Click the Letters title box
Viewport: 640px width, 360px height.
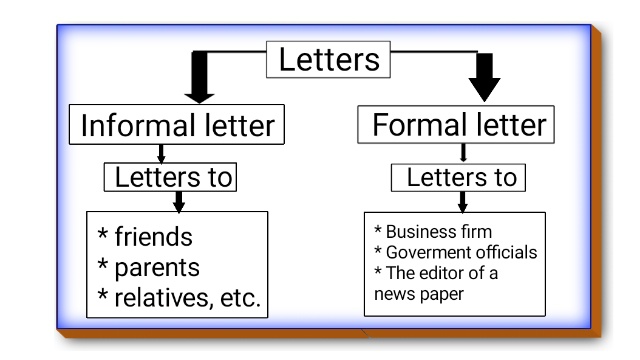(x=328, y=60)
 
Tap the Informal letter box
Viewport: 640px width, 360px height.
(x=177, y=124)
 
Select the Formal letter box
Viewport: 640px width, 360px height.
(x=456, y=124)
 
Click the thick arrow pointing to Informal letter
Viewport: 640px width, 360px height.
(x=200, y=78)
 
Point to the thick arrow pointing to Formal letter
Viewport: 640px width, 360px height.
(x=484, y=77)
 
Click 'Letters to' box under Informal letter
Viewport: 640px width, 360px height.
(x=170, y=177)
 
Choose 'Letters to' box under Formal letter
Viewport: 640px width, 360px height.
(x=458, y=178)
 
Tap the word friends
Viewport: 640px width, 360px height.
(x=153, y=237)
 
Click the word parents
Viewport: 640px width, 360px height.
(x=157, y=268)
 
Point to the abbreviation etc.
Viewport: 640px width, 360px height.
(x=240, y=298)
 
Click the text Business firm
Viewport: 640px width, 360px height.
(x=439, y=232)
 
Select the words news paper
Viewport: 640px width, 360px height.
(x=419, y=294)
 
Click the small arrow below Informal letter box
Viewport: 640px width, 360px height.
(x=161, y=153)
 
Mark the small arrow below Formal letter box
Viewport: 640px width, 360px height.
(x=463, y=153)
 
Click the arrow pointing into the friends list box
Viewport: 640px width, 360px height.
(x=178, y=202)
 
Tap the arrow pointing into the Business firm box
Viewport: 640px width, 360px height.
(x=462, y=202)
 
